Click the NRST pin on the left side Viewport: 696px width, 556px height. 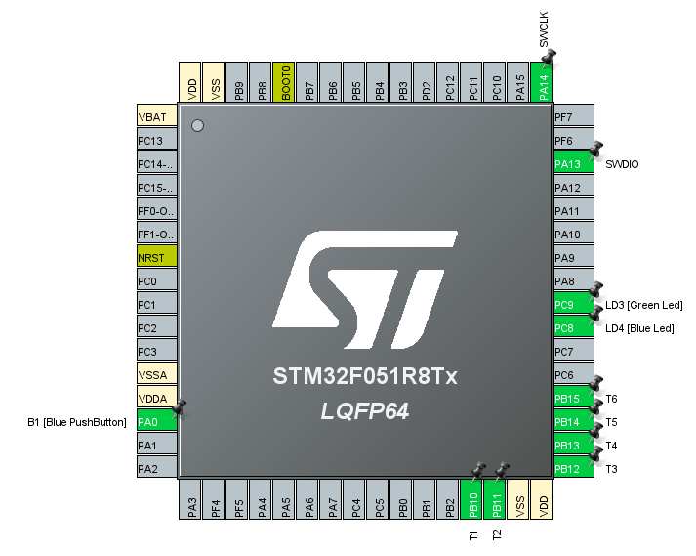(156, 258)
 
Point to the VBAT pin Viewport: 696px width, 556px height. (156, 117)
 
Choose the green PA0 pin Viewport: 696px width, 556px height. (156, 422)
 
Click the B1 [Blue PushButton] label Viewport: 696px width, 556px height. (78, 422)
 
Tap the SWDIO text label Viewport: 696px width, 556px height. (622, 164)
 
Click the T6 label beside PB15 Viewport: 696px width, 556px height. (611, 399)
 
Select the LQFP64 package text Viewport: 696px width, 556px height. (364, 412)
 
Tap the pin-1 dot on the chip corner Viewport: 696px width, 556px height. (197, 125)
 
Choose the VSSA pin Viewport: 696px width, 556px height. (156, 375)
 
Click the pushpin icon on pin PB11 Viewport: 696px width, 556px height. (501, 471)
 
